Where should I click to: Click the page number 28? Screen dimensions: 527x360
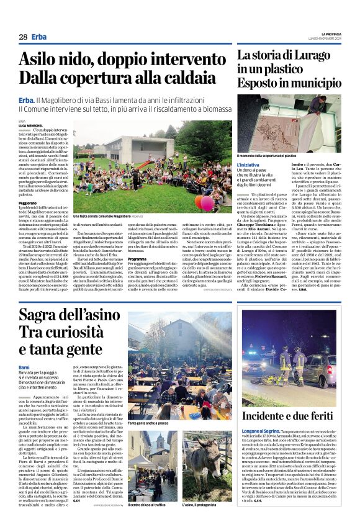click(x=23, y=37)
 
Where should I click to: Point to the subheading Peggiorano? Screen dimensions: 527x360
click(x=28, y=202)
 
